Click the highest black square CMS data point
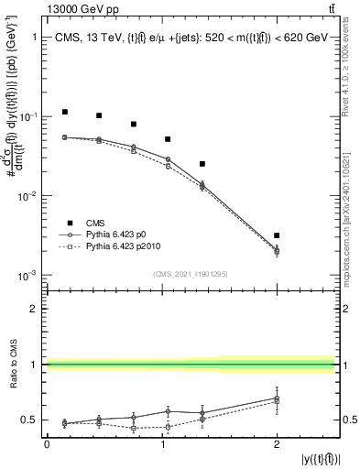65,112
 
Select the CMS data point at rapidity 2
277,235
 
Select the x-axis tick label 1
162,444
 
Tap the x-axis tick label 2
277,444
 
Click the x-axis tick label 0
47,444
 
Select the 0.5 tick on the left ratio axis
28,420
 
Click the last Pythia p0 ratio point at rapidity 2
277,398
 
